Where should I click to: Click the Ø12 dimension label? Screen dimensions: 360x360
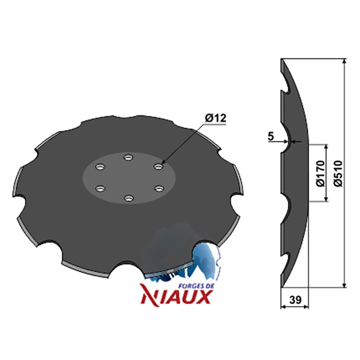coord(216,118)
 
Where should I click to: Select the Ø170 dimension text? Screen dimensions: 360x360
coord(320,173)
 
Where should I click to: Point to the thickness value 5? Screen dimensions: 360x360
coord(271,136)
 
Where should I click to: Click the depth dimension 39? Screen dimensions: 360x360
coord(295,300)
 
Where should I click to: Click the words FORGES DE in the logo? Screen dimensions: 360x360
coord(196,286)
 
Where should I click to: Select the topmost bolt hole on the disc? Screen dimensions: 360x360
coord(128,157)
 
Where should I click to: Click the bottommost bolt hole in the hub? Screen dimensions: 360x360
coord(129,198)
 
